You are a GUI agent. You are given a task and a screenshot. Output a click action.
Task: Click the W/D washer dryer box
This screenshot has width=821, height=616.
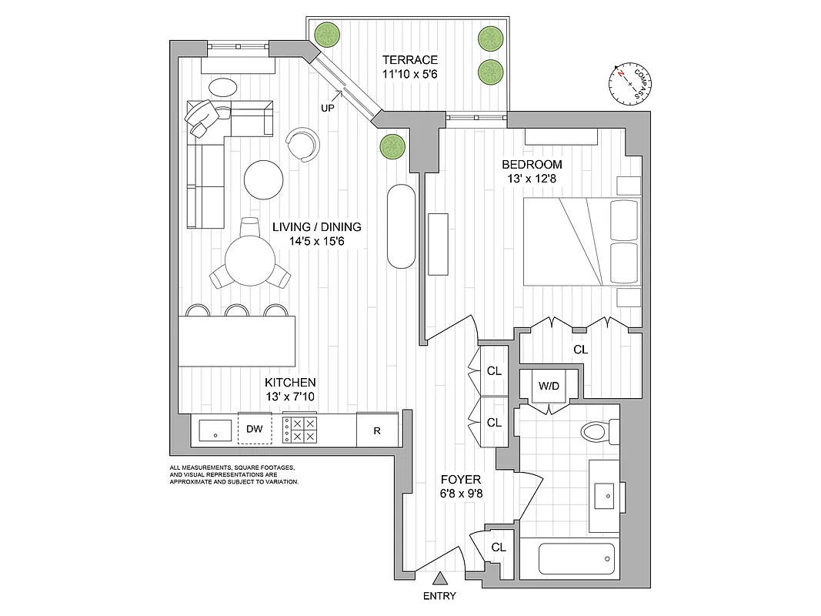click(x=548, y=386)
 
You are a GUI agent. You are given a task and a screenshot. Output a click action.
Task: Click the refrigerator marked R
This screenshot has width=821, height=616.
click(x=377, y=430)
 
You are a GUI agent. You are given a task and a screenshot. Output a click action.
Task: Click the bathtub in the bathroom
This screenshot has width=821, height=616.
click(x=577, y=558)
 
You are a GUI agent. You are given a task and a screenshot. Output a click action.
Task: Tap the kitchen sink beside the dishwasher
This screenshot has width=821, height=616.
click(x=215, y=430)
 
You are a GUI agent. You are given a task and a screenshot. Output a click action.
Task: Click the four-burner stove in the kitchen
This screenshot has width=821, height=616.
click(x=301, y=429)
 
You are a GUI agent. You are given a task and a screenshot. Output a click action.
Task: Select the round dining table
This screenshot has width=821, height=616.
click(x=251, y=260)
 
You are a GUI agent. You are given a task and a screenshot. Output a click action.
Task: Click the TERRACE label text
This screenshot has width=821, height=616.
click(x=411, y=60)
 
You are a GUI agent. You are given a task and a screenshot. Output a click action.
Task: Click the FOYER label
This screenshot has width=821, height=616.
click(x=462, y=480)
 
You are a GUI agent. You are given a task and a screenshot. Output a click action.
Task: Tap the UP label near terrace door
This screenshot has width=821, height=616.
click(x=327, y=109)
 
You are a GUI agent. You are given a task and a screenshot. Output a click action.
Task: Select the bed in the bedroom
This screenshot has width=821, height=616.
click(x=580, y=241)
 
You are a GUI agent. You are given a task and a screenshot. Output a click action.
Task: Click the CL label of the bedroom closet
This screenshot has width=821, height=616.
click(x=581, y=350)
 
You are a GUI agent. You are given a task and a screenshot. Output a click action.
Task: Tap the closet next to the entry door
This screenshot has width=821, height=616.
click(x=498, y=548)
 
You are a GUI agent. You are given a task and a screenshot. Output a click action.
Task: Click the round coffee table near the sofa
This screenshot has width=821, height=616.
click(x=264, y=179)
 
